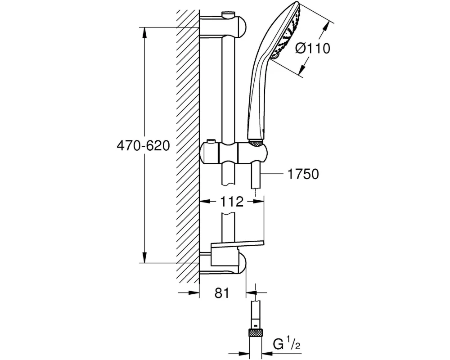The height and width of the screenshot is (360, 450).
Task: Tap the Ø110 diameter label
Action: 313,48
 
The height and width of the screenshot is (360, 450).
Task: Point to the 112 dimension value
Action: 232,202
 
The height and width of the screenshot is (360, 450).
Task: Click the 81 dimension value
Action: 222,293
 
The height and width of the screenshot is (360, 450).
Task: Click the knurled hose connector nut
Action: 256,334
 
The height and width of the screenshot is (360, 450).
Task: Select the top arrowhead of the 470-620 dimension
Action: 144,31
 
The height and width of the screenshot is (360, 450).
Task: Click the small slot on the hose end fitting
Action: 256,323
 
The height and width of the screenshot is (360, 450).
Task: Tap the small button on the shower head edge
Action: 275,57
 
